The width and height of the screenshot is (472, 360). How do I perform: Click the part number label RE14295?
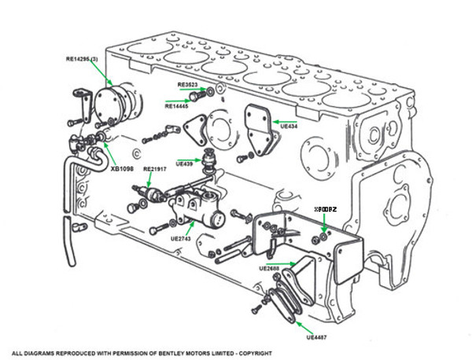(83, 60)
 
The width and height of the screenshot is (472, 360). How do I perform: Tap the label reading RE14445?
(178, 105)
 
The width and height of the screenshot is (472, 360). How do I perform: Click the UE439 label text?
(184, 163)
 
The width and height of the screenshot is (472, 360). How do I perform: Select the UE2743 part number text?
(180, 237)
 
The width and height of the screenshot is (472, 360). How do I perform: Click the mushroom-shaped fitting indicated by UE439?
(210, 158)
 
